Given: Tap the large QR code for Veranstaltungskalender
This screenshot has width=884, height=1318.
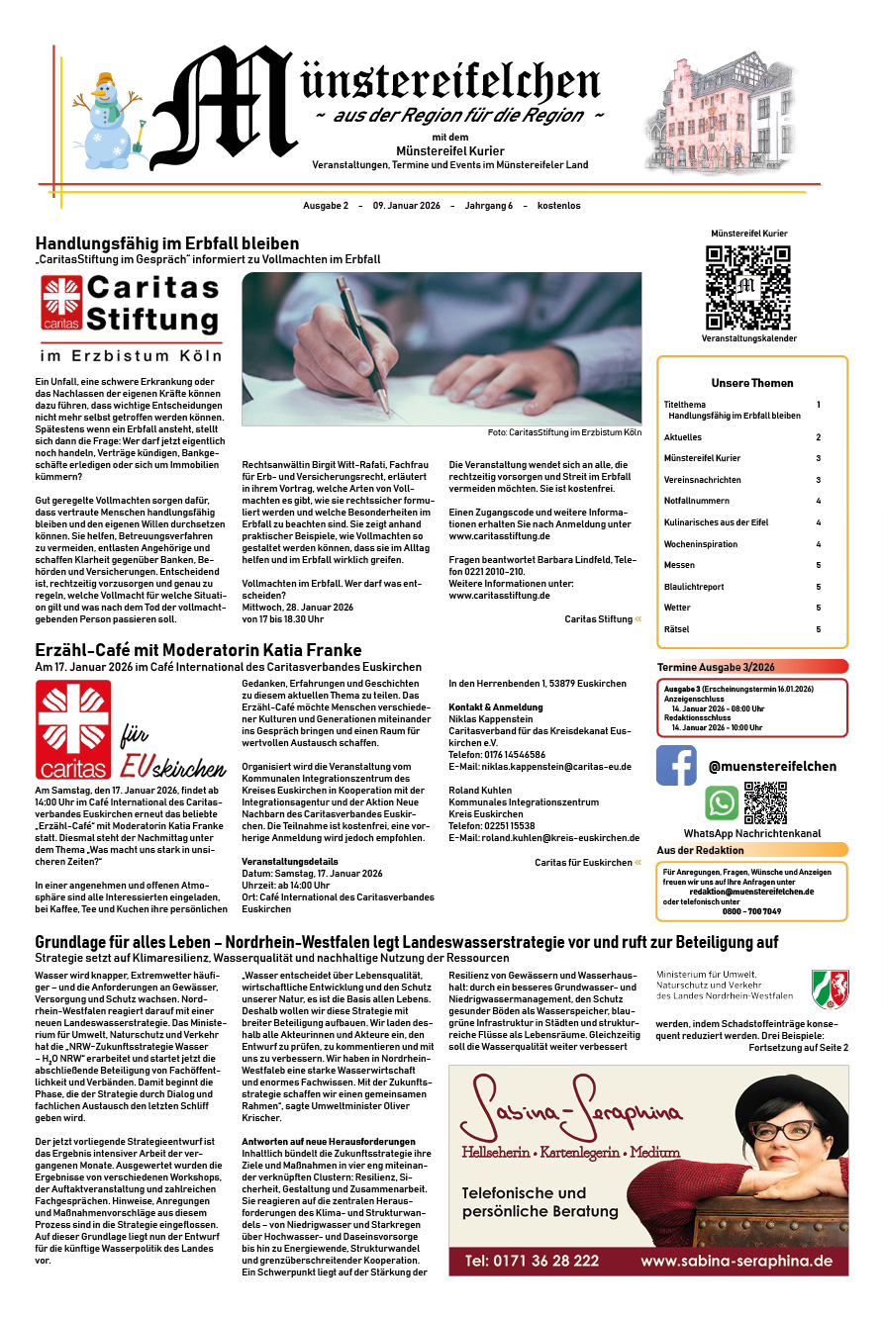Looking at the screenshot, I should [x=748, y=287].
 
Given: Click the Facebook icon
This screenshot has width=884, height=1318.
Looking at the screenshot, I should [x=676, y=765].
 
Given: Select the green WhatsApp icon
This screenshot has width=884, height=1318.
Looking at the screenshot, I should [x=721, y=802].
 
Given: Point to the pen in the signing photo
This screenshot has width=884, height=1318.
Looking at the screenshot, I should [x=362, y=342].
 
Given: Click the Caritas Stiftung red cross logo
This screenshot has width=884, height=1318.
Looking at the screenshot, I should [x=61, y=302].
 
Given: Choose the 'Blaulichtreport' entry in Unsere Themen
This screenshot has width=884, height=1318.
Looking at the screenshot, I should [x=693, y=586].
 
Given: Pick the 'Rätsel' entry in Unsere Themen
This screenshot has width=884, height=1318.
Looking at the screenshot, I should [x=676, y=629].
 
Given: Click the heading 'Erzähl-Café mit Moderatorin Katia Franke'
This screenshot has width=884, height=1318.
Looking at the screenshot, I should [x=198, y=650].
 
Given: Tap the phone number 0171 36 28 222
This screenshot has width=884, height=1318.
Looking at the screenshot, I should [x=532, y=1261].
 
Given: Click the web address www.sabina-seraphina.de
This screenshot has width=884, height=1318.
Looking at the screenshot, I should [x=736, y=1261].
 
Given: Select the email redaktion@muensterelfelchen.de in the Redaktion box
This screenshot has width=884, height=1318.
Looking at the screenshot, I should [x=751, y=892].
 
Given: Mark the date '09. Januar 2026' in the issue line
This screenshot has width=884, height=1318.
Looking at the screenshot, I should [x=406, y=206].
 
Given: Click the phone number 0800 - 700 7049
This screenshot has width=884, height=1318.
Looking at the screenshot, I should [x=751, y=911].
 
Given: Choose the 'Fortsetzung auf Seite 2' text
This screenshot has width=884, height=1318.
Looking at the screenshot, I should [x=798, y=1047].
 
